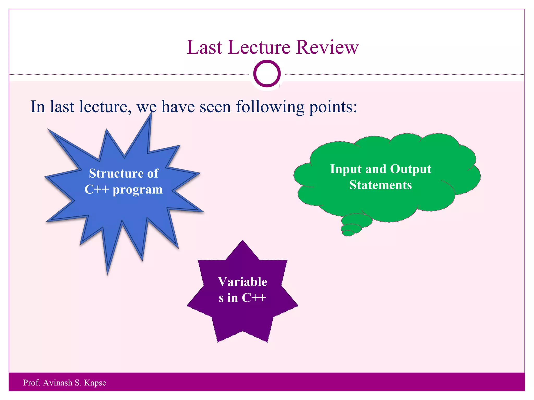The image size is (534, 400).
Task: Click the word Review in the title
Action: [327, 47]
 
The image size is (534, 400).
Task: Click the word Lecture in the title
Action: [259, 47]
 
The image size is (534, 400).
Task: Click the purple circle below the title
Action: [267, 74]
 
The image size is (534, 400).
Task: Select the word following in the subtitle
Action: [270, 107]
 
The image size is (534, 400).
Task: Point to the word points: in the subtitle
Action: [333, 107]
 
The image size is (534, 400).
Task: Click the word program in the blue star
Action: [137, 190]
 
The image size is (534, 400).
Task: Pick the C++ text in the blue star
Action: [96, 189]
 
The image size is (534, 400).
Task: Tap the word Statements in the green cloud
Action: [380, 185]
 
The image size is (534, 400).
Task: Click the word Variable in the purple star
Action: [242, 282]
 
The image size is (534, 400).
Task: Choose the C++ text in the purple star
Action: [254, 298]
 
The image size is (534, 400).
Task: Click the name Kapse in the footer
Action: [95, 383]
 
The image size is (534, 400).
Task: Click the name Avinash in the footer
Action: [58, 383]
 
